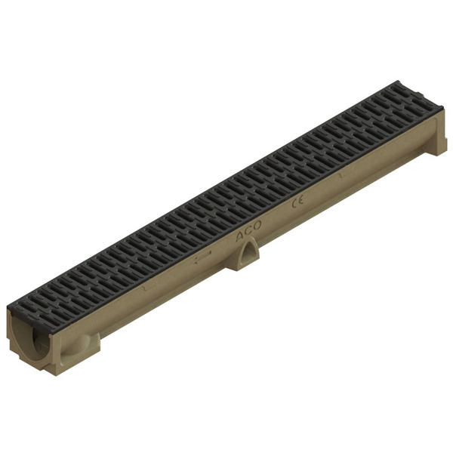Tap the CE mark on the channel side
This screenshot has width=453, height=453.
pos(297,201)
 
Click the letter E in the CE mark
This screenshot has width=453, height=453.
pos(300,199)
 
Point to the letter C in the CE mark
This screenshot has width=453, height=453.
pos(294,202)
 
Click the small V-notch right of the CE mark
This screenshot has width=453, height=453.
pos(339,175)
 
